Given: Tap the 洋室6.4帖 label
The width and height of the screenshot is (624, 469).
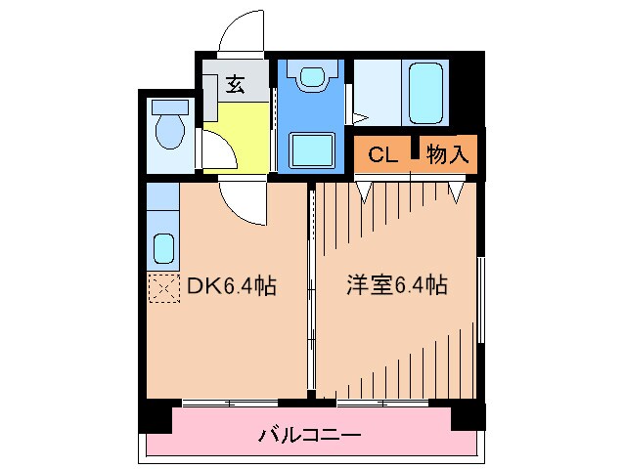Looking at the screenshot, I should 397,286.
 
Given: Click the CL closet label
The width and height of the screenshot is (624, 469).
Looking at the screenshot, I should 382,153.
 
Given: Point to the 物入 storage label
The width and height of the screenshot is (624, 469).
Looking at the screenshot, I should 448,153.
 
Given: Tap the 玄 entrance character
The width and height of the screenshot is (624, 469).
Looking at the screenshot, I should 235,85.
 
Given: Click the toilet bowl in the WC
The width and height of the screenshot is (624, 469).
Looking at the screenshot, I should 169,131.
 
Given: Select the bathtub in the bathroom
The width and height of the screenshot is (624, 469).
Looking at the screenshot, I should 428,93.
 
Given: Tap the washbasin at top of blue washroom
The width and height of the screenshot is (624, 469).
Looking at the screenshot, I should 313,77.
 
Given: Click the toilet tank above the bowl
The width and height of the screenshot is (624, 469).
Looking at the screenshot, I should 169,105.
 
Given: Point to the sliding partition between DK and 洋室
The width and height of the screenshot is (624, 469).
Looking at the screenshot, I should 311,293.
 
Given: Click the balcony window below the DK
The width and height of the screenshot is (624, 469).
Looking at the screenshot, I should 230,403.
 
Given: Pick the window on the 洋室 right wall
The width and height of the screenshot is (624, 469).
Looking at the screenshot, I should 481,298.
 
